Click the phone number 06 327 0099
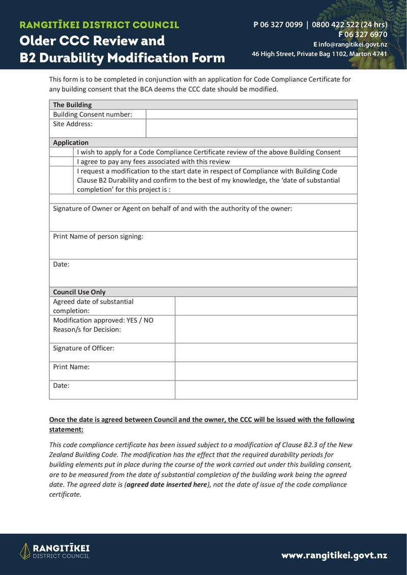tap(281, 25)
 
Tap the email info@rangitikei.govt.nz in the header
tap(353, 44)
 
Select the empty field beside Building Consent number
tap(251, 114)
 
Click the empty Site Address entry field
tap(251, 128)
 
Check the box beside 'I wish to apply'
tap(62, 152)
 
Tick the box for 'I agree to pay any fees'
tap(62, 161)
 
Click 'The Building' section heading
tap(72, 105)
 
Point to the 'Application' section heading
tap(71, 143)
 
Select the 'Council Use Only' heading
tap(79, 292)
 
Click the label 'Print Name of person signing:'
tap(98, 237)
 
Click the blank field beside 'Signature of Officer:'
tap(266, 352)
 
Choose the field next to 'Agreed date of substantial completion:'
tap(266, 306)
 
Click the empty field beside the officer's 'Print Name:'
tap(266, 371)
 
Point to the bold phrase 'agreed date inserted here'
tap(166, 484)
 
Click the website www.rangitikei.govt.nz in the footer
tap(334, 555)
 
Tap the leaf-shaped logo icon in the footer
tap(24, 551)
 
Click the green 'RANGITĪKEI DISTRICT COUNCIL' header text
tap(99, 25)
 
